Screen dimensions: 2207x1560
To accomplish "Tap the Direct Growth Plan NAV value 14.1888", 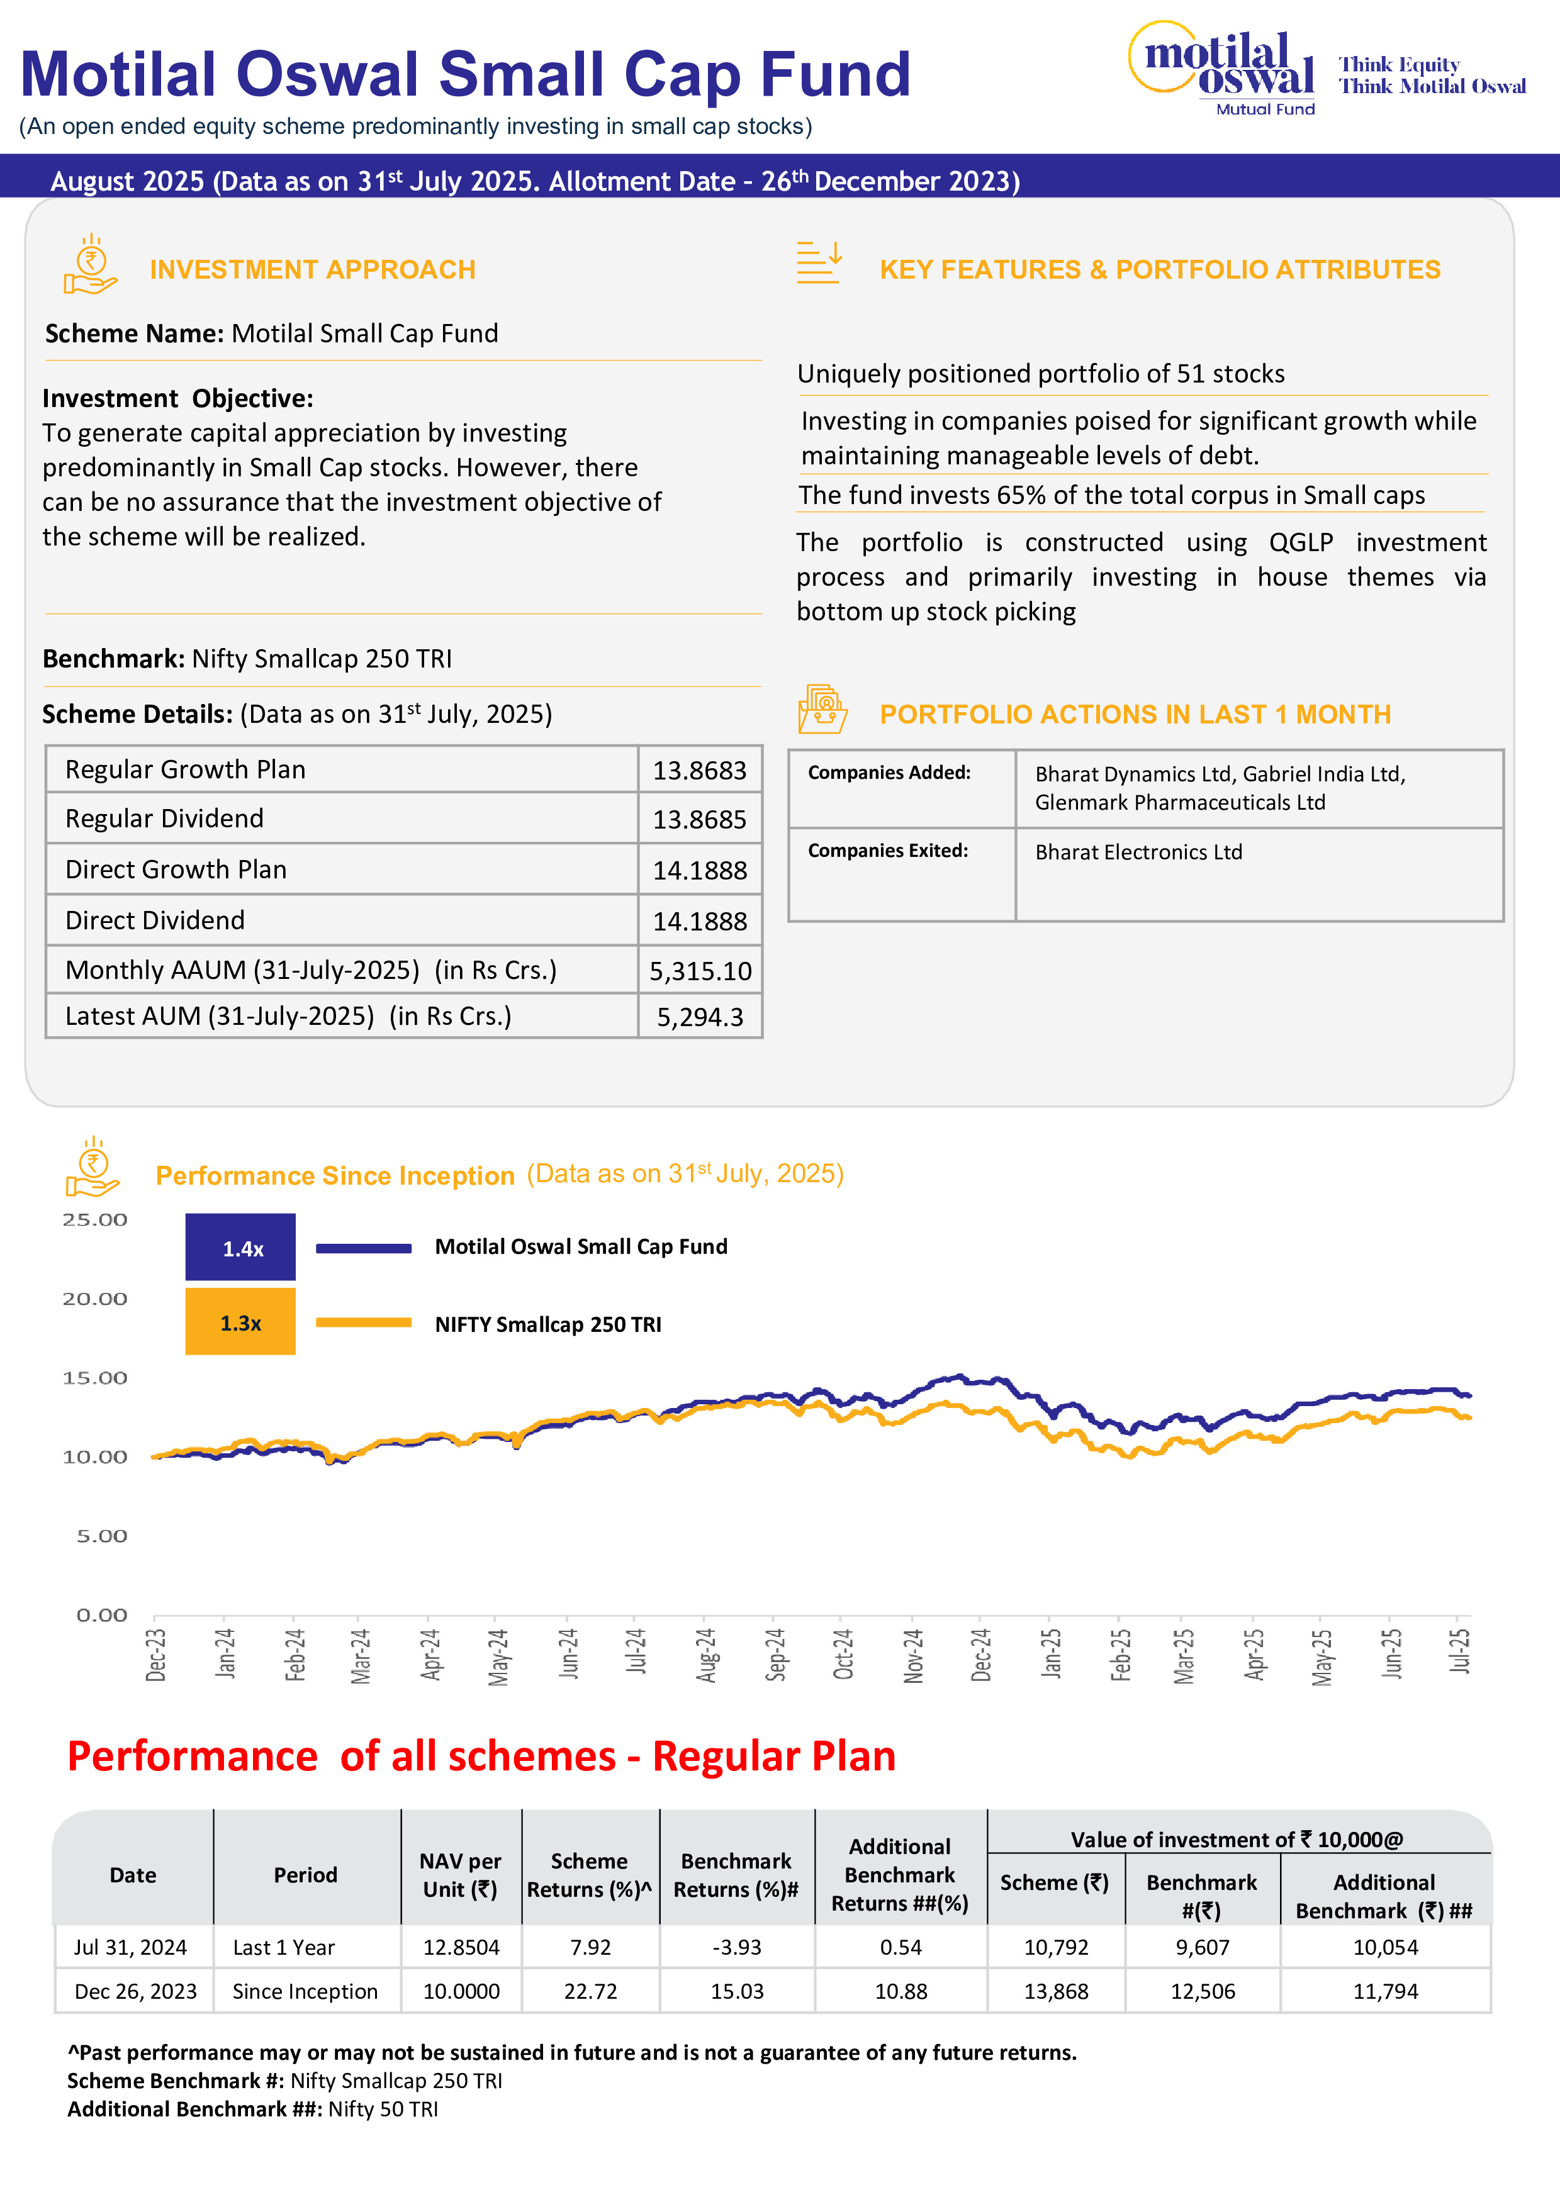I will pos(700,870).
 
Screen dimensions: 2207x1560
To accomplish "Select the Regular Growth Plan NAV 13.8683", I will pos(700,770).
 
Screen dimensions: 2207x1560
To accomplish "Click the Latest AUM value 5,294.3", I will pos(700,1017).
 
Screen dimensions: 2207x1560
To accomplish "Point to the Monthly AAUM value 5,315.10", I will pos(700,971).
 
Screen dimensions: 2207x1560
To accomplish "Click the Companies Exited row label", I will pos(888,851).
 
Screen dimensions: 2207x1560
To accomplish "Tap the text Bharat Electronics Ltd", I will pos(1138,852).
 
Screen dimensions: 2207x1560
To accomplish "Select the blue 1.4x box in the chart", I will pos(240,1248).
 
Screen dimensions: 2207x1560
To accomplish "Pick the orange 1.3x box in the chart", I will pos(240,1322).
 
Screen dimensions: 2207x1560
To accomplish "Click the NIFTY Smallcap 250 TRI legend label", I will pos(548,1324).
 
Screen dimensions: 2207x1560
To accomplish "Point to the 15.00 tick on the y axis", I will pos(95,1377).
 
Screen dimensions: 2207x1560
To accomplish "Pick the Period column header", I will pos(306,1874).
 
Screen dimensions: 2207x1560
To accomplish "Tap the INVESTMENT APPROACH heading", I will pos(312,269).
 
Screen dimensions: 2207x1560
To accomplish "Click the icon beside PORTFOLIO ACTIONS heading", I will pos(822,710).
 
